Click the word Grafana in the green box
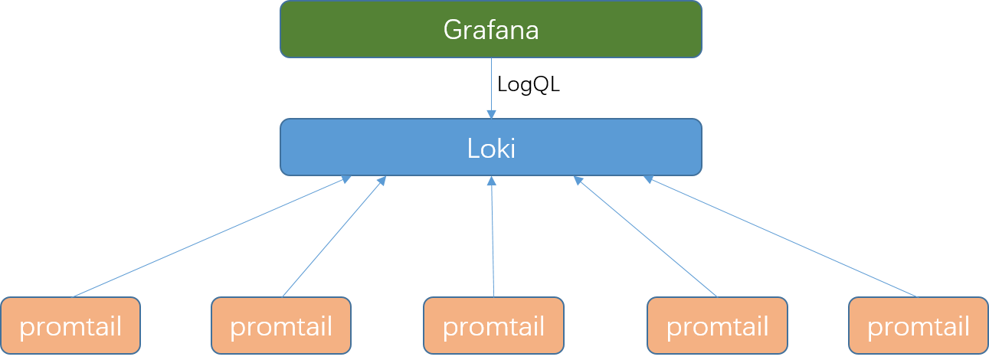point(491,30)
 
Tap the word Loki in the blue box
point(491,148)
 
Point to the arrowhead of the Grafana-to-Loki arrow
point(491,114)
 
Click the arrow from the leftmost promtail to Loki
point(211,237)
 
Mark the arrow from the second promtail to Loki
point(334,237)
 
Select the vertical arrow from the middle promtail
point(493,237)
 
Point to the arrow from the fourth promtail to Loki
point(646,237)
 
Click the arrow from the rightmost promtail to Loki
point(781,237)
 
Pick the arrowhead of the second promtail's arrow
point(382,180)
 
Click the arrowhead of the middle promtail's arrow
point(492,181)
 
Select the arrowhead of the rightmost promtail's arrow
point(648,179)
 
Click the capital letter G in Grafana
point(452,31)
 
